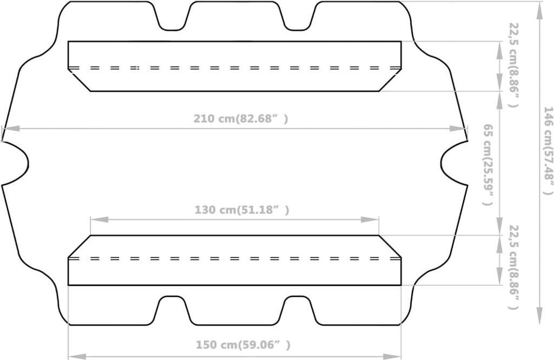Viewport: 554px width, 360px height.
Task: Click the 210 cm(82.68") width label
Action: (x=241, y=118)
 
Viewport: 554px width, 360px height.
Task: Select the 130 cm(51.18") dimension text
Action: (x=242, y=210)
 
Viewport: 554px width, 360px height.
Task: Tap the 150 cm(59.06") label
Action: (x=243, y=345)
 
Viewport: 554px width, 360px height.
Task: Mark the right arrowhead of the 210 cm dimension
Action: (x=459, y=129)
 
